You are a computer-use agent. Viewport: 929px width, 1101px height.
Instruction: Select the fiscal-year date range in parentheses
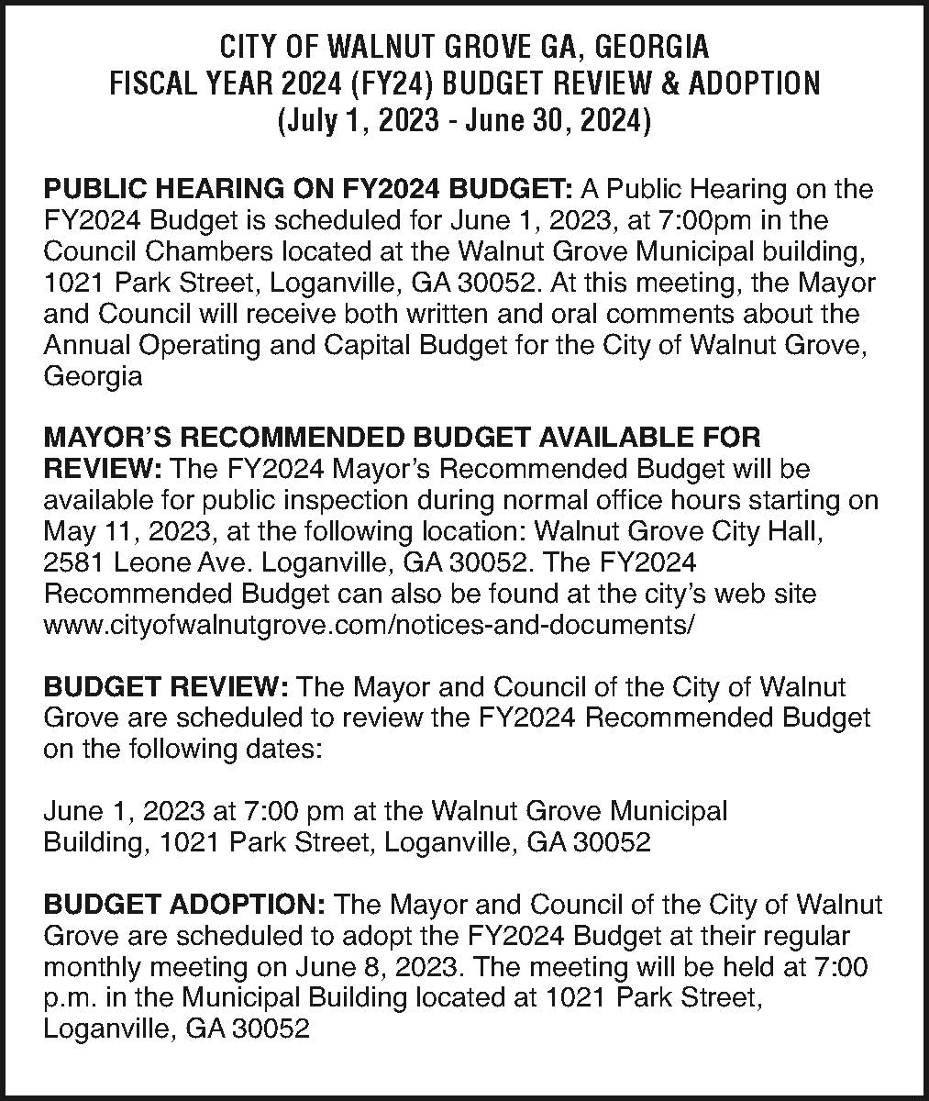coord(464,121)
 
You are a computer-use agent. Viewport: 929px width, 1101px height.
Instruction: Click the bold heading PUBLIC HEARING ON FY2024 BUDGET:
coord(309,190)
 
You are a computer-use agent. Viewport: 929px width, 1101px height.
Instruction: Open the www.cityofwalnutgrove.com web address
coord(369,625)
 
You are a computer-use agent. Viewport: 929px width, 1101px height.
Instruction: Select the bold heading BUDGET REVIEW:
coord(167,687)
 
